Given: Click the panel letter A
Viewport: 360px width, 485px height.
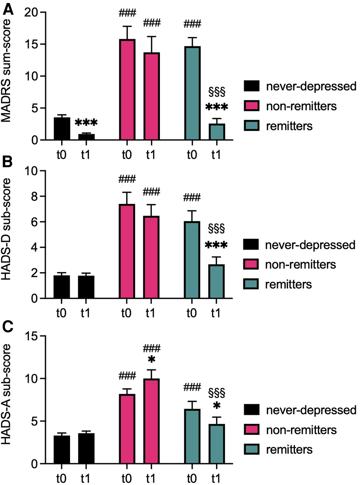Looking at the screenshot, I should (x=9, y=9).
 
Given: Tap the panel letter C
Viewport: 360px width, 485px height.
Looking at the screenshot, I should (x=9, y=327).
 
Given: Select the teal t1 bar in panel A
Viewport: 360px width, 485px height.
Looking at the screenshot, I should (x=218, y=132).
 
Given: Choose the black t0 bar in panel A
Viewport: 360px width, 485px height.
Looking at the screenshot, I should (x=62, y=129).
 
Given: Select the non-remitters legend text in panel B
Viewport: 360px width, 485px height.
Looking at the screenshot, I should (x=300, y=265).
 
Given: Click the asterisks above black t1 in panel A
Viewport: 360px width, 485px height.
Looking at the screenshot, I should (x=86, y=123).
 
